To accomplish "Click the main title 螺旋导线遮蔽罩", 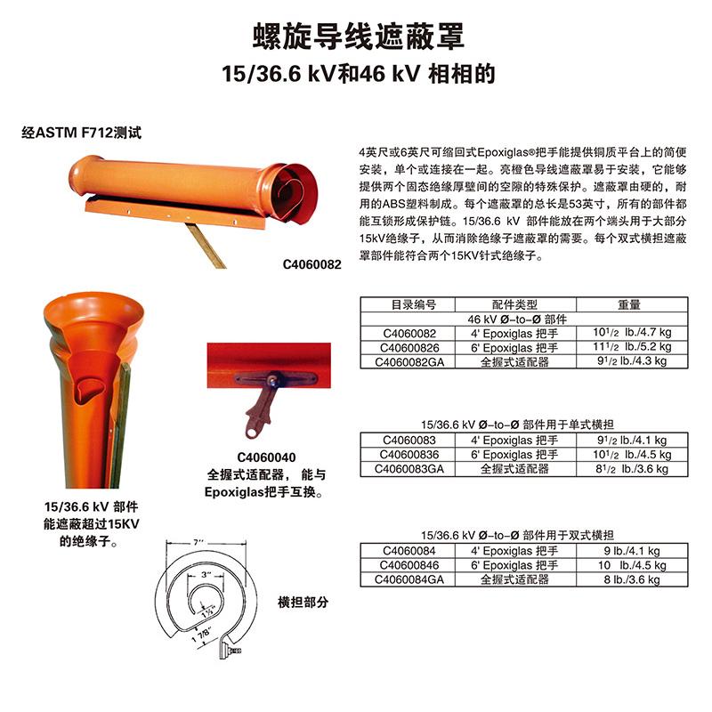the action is pos(359,36).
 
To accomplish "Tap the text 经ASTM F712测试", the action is pos(82,133).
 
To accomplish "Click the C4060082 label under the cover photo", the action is pos(312,264).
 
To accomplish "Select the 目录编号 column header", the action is pos(413,304).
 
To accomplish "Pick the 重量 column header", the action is pos(629,304).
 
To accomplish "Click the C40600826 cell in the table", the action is pos(409,348).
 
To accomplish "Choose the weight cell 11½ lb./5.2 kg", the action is pos(632,347).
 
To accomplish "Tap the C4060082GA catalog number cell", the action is pos(409,362).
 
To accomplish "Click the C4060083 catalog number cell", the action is pos(409,440).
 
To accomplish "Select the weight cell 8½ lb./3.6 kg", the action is pos(632,469).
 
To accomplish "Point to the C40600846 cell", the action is pos(409,565).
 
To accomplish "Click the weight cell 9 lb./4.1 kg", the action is pos(632,551).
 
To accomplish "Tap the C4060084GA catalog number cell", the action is pos(409,579).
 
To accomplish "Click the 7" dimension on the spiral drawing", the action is pos(198,542).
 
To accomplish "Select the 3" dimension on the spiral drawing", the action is pos(206,574).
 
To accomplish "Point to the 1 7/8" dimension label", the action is pos(202,635).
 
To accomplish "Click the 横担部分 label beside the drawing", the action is pos(303,603).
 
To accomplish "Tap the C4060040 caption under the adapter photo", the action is pos(266,457).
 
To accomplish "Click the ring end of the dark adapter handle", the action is pos(251,431).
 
